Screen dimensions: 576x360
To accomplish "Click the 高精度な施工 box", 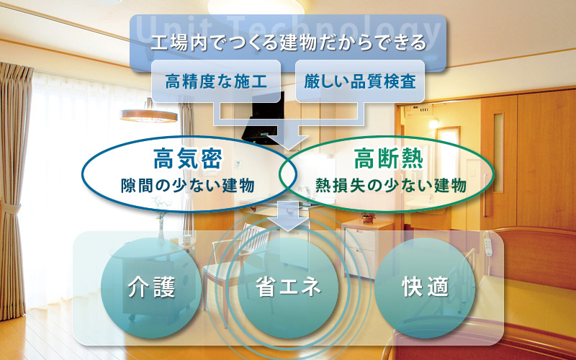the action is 216,81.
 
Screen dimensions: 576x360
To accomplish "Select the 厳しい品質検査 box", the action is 360,81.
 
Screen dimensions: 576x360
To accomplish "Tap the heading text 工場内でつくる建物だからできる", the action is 289,43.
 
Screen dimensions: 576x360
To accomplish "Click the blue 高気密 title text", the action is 188,158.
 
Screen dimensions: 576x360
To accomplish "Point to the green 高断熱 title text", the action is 388,158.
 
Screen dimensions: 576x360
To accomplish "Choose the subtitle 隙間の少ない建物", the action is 188,186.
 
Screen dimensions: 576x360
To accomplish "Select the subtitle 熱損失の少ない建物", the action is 391,186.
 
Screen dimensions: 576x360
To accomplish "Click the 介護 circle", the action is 151,287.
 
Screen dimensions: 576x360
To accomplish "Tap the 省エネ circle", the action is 289,287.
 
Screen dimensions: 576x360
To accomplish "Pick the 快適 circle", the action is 425,287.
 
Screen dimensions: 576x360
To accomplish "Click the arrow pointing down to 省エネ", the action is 288,216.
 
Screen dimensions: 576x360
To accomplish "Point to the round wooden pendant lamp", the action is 149,115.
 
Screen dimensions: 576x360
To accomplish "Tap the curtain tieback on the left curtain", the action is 10,208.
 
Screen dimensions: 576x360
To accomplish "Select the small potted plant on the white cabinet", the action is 368,217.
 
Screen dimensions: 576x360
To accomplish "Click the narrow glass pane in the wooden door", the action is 498,153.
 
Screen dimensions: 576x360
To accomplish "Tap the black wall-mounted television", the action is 264,117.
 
